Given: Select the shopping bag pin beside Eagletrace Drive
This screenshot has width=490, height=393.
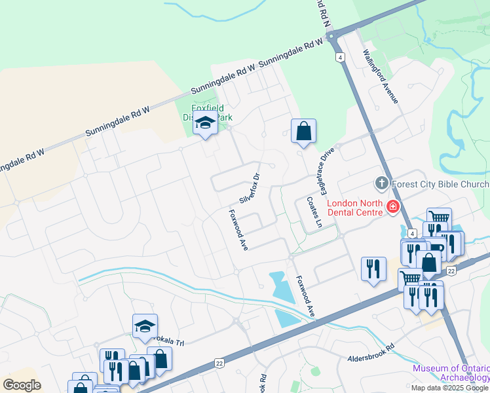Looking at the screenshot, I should click(x=304, y=131).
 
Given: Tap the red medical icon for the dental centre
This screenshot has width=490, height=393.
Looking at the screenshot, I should click(x=393, y=207).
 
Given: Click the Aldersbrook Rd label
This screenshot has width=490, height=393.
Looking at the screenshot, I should click(x=371, y=354).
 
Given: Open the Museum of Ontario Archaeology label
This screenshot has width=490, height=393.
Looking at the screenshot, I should click(x=451, y=373).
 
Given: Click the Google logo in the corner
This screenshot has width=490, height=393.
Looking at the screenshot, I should click(x=22, y=385).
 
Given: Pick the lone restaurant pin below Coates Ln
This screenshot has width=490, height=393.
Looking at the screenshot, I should click(x=373, y=269).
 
